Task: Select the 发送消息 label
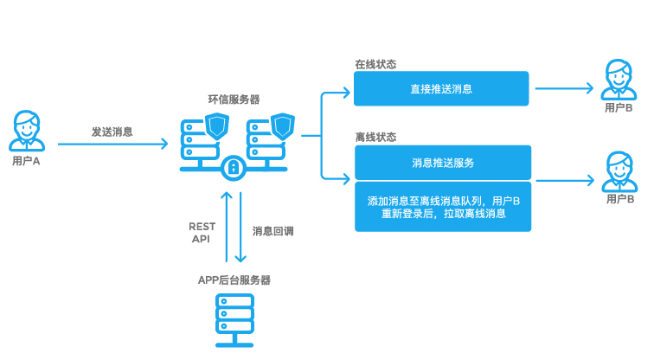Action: pos(112,132)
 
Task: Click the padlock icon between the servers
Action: pos(233,168)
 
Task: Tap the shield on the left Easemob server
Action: pos(218,126)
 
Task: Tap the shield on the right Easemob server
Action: pos(283,126)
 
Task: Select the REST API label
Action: pos(202,232)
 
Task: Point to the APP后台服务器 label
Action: pos(234,280)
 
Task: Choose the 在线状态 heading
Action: pos(375,64)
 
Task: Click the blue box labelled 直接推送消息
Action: pos(441,88)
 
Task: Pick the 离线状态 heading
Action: pos(375,137)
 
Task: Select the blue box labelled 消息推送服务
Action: pos(441,162)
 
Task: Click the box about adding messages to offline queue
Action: pos(441,207)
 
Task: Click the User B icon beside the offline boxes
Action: pos(618,170)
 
